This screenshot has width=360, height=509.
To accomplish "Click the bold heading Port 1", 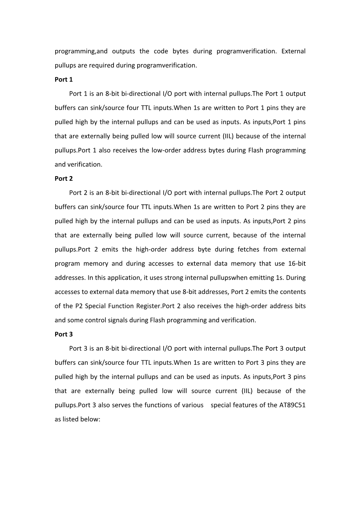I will pos(64,79).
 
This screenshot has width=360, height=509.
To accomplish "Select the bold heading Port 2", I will pos(64,178).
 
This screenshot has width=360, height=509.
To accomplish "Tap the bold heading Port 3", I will pos(64,334).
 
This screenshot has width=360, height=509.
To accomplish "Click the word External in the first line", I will pos(293,51).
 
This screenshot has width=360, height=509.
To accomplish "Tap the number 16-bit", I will pos(297,263).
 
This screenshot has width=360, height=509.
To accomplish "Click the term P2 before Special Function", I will pos(79,306).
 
